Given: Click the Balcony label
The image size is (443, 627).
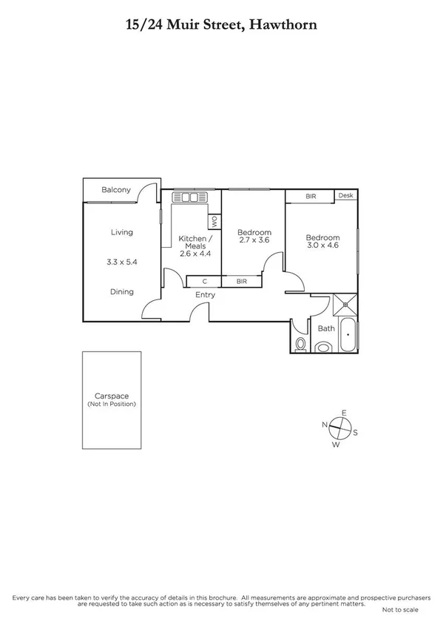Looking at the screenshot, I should pos(116,190).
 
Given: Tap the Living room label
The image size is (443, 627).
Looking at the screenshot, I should pos(122,232).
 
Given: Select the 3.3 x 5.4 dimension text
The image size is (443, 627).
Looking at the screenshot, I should pos(122,261).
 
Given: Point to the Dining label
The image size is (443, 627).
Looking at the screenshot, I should pos(122,291).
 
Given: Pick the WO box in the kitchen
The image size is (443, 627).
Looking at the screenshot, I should pos(214,220).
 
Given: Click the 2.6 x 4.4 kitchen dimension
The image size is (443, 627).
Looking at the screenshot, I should pos(195,254).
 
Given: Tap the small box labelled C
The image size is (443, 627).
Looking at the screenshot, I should pos(203,281).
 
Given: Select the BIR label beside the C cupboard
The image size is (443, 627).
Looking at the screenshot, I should pos(242,281).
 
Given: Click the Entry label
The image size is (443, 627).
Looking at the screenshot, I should pos(205,295).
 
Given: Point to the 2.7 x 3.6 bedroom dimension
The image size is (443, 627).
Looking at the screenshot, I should pos(251,240).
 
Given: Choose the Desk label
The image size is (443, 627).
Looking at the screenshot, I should pos(345,196).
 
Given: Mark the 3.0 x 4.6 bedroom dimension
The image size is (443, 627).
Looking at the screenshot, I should pos(322,245).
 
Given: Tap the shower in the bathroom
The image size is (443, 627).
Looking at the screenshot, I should pos(343,305).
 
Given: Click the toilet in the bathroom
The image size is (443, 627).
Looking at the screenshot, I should pos(300,344).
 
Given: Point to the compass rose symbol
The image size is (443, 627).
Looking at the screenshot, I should pos(339,427).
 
